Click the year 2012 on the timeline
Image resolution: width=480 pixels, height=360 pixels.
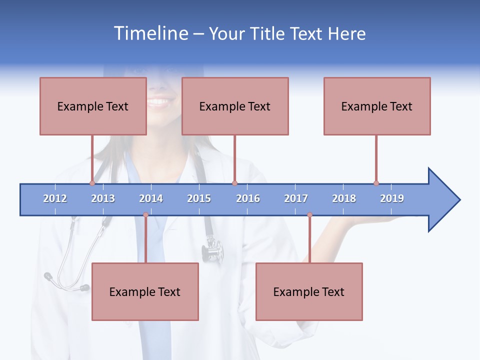click(55, 198)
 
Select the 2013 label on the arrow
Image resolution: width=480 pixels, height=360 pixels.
click(103, 198)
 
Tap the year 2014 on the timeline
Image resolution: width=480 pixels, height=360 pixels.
click(151, 198)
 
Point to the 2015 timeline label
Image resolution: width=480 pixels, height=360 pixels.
click(199, 198)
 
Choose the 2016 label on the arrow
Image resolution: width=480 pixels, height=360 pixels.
click(248, 198)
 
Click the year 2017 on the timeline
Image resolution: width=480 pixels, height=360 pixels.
click(296, 198)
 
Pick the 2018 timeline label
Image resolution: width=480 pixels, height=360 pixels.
click(344, 198)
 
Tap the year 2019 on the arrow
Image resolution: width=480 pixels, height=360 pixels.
click(392, 198)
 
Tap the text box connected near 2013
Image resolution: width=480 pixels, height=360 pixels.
click(93, 106)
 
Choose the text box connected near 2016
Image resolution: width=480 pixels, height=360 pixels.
click(235, 106)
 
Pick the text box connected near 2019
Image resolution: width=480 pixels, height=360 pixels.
click(377, 106)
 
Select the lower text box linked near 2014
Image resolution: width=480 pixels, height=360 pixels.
click(145, 291)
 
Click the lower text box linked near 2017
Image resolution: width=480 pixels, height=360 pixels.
click(309, 291)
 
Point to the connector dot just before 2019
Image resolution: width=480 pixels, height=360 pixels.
click(376, 183)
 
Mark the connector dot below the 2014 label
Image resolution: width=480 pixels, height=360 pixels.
click(145, 214)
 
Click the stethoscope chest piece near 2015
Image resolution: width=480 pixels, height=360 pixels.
click(212, 250)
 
